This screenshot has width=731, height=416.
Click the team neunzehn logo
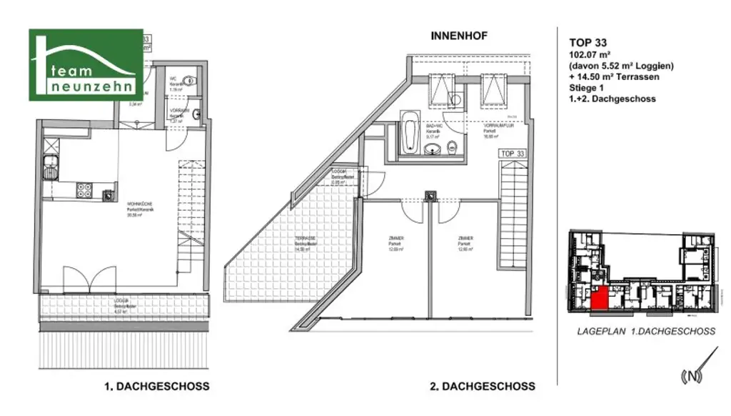[x=85, y=64]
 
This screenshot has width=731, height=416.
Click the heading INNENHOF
[x=459, y=34]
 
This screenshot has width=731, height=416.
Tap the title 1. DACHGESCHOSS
[x=157, y=386]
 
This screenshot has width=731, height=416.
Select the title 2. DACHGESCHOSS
[x=482, y=386]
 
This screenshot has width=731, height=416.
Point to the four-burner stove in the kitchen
[x=84, y=190]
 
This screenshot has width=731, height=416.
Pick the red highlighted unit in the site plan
[x=600, y=297]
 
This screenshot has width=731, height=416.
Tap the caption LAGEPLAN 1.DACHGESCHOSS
[x=645, y=332]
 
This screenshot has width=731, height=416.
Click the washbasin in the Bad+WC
[x=432, y=149]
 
